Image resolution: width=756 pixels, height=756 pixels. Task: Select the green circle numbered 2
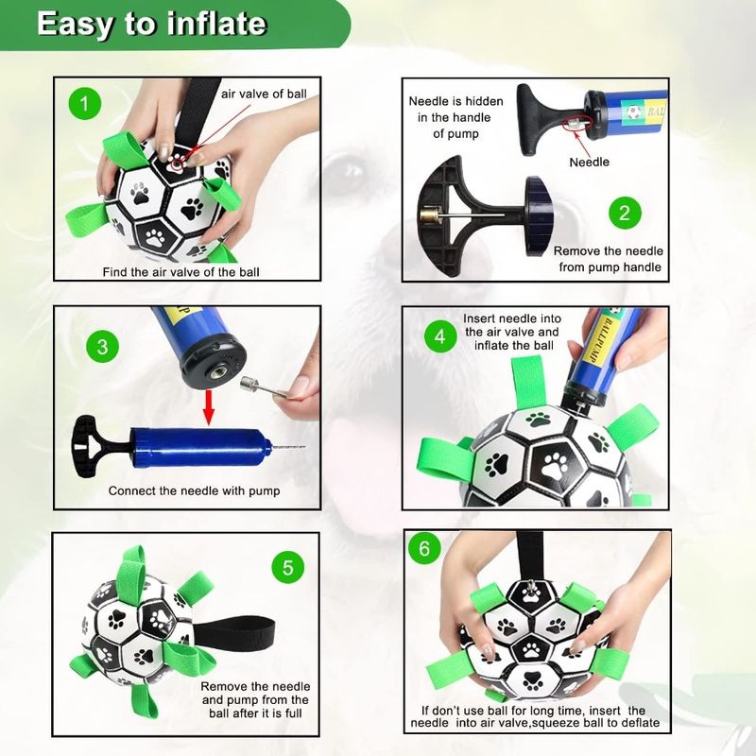(x=623, y=212)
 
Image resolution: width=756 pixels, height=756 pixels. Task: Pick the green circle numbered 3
(x=102, y=346)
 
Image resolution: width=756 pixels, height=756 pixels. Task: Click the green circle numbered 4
(x=438, y=335)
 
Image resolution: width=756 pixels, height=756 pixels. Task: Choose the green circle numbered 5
(x=288, y=568)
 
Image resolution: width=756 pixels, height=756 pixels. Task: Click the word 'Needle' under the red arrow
(x=589, y=163)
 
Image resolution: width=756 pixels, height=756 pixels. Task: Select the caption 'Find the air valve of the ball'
(x=180, y=272)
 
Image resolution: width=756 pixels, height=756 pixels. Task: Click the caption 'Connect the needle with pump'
(x=194, y=490)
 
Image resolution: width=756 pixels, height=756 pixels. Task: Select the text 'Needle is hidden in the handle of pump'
(x=455, y=117)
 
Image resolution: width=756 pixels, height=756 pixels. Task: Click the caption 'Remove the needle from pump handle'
(x=608, y=259)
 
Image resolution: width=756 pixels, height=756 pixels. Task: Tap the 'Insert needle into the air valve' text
(x=511, y=332)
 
